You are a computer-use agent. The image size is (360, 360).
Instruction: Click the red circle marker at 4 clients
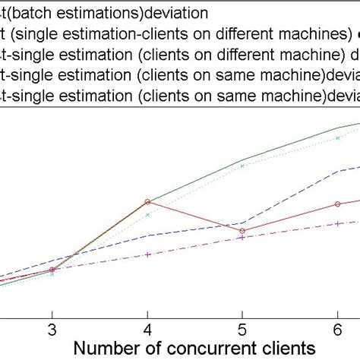pyautogui.click(x=147, y=202)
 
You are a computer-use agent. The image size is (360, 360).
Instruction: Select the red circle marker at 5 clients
pyautogui.click(x=242, y=231)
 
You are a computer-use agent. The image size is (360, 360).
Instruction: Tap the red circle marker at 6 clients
pyautogui.click(x=337, y=204)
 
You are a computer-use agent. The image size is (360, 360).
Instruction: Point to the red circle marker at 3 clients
pyautogui.click(x=52, y=270)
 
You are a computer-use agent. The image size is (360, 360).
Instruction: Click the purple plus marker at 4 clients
pyautogui.click(x=147, y=254)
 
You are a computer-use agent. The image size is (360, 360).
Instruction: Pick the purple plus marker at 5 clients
pyautogui.click(x=242, y=238)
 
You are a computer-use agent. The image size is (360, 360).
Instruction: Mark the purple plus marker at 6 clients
pyautogui.click(x=337, y=223)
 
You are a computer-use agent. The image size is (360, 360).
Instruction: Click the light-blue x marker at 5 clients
pyautogui.click(x=242, y=165)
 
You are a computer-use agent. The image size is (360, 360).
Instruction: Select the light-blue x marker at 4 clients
pyautogui.click(x=147, y=215)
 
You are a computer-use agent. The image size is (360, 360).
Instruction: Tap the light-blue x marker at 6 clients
pyautogui.click(x=337, y=138)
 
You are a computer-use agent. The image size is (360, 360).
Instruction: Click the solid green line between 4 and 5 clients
pyautogui.click(x=194, y=181)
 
